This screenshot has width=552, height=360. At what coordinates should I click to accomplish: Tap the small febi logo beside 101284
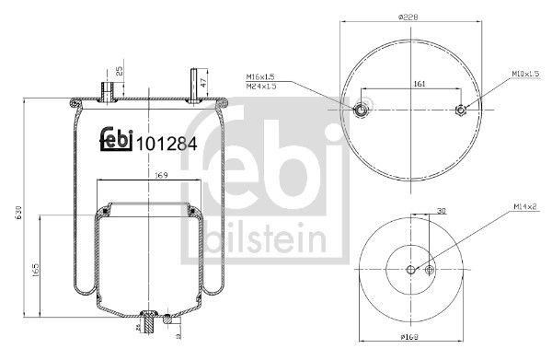pos(115,141)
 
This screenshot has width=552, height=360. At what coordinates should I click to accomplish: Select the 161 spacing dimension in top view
pos(419,82)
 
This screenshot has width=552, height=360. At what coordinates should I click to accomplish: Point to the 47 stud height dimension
pos(202,83)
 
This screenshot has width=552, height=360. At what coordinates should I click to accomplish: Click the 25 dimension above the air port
pos(120,71)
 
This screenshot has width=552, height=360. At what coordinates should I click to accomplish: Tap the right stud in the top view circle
pos(461,111)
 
